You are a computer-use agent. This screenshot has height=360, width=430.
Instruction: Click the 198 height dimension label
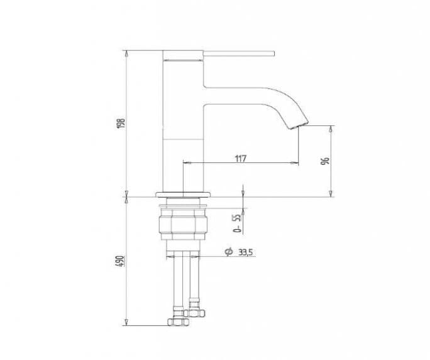121,123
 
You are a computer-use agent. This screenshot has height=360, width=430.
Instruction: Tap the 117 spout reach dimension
241,159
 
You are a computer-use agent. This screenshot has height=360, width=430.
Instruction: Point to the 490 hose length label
121,261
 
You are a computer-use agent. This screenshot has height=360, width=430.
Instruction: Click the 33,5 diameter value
245,252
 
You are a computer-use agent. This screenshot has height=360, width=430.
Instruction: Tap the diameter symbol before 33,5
228,252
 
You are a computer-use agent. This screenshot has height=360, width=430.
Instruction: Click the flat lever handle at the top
239,53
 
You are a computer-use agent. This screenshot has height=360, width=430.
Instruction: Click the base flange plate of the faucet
183,194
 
